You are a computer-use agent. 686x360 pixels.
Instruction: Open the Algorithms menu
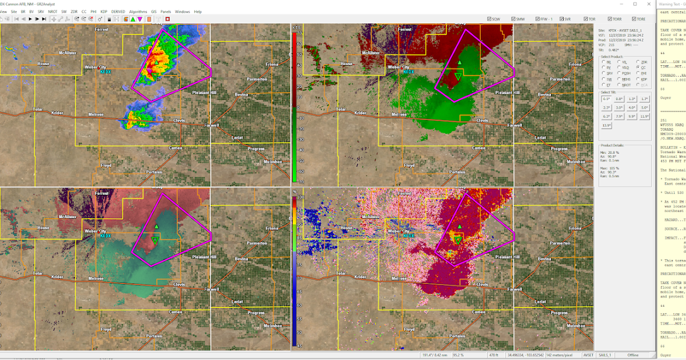click(138, 11)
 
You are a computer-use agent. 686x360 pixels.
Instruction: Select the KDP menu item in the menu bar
click(103, 11)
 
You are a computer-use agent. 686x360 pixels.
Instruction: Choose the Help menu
click(198, 11)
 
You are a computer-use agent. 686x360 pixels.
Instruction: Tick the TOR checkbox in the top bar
click(573, 19)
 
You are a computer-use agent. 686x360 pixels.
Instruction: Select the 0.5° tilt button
click(606, 99)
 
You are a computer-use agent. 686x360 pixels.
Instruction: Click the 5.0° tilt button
click(644, 107)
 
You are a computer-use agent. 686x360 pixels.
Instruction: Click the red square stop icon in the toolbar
click(168, 19)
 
